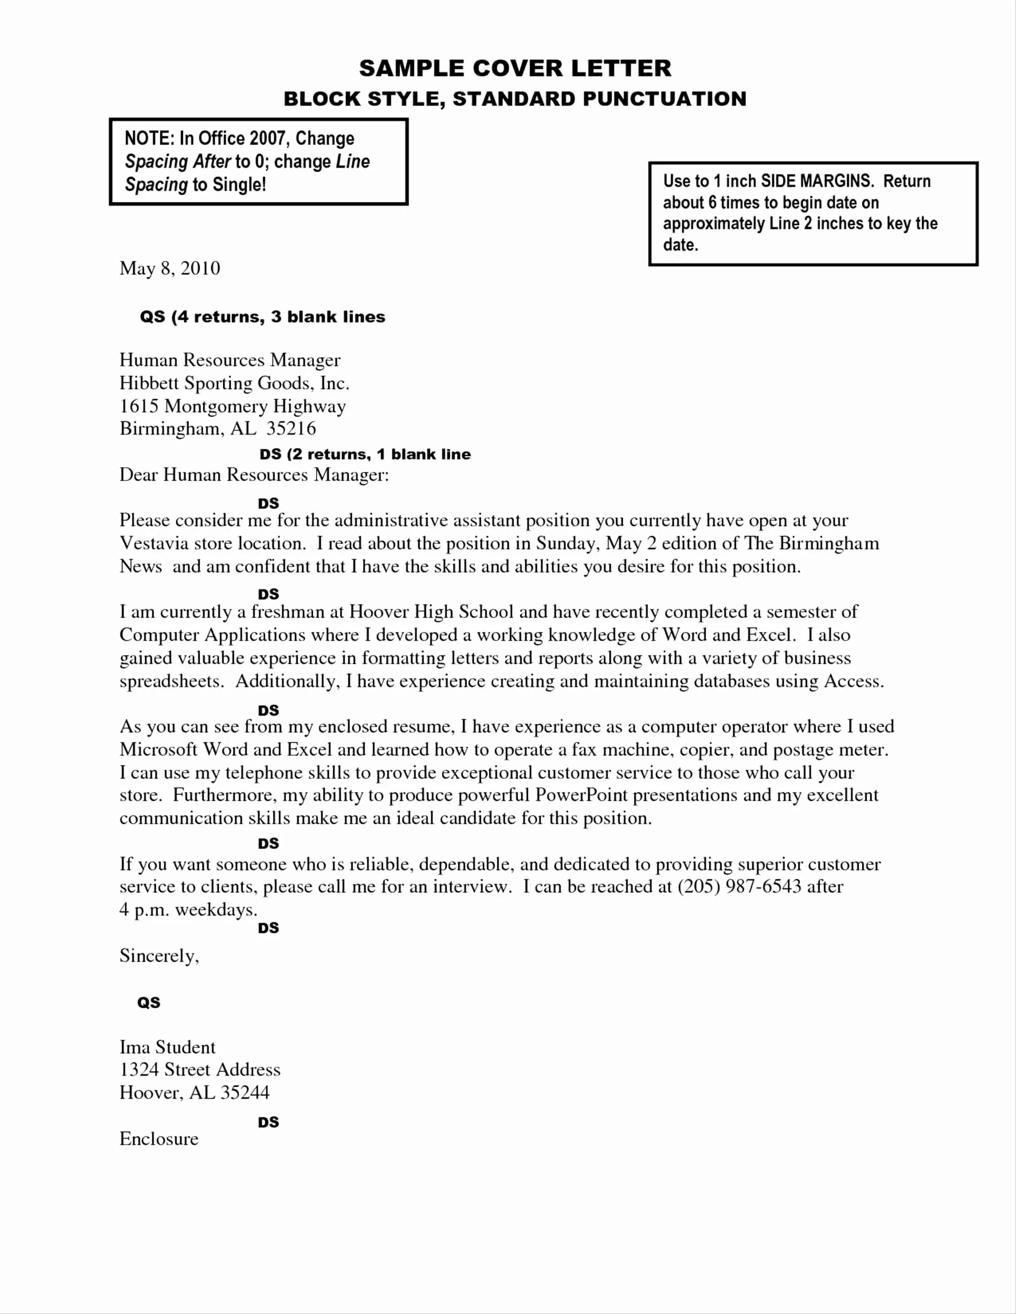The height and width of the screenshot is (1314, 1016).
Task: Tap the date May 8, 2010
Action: pos(170,268)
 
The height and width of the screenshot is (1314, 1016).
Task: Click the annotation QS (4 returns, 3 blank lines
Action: pos(263,317)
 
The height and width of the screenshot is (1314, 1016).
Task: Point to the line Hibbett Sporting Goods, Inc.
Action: pos(234,383)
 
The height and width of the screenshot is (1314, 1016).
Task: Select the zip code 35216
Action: pos(291,429)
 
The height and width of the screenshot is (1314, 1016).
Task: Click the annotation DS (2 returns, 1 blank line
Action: pos(365,454)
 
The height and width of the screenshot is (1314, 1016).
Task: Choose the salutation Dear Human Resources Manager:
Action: pos(254,475)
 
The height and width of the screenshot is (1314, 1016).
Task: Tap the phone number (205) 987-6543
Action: pos(739,887)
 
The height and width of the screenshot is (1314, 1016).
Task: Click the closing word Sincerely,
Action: pos(159,956)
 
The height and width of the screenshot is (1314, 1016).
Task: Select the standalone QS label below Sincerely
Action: pos(149,1003)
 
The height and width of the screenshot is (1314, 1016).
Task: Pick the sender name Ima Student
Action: pos(167,1047)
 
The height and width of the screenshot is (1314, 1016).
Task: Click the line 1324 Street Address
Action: pos(200,1070)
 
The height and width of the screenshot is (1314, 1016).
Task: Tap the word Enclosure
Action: pos(159,1139)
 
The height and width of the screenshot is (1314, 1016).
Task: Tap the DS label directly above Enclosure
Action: pos(268,1123)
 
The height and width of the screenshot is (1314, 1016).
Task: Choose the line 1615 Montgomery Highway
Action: pos(232,407)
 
